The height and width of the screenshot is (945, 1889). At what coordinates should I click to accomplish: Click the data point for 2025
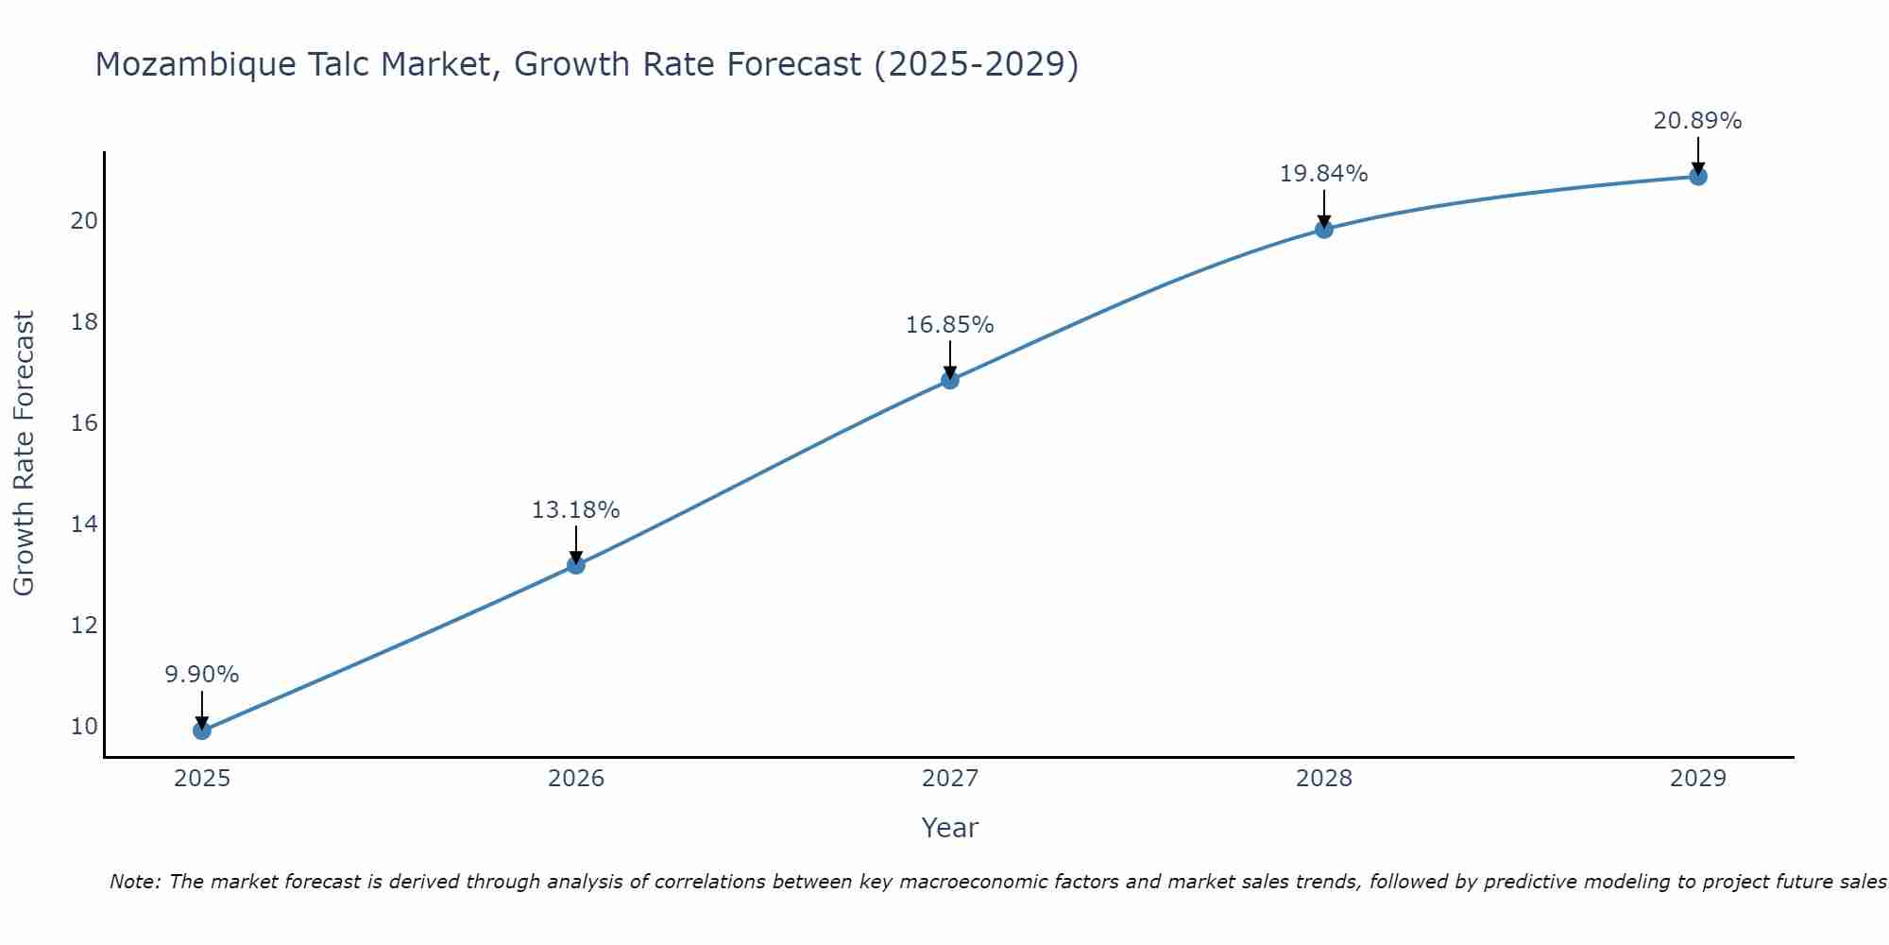[x=201, y=730]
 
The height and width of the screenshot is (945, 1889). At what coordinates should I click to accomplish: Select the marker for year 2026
[x=575, y=565]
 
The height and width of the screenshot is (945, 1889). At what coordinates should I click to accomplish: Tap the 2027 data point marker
[x=949, y=380]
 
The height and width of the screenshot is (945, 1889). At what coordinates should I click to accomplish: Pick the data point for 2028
[x=1323, y=229]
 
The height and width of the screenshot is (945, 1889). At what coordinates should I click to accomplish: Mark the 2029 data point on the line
[x=1697, y=177]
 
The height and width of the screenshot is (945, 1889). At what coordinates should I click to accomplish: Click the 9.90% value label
[x=201, y=675]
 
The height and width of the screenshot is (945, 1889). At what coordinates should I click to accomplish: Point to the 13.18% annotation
[x=575, y=510]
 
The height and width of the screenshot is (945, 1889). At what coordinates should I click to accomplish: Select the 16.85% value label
[x=949, y=325]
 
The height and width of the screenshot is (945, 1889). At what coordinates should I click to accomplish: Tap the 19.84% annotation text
[x=1323, y=174]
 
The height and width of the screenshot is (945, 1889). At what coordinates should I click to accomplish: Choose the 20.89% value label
[x=1697, y=121]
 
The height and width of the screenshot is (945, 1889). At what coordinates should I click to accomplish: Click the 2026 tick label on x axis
[x=576, y=779]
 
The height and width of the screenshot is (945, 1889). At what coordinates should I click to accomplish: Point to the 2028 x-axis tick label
[x=1323, y=779]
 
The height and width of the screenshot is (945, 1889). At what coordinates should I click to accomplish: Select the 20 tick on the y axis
[x=84, y=221]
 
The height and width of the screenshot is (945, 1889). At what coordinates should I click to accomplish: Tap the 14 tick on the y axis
[x=84, y=524]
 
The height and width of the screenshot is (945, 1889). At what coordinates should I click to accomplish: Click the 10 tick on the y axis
[x=84, y=727]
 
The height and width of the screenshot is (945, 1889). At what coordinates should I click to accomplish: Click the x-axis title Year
[x=949, y=828]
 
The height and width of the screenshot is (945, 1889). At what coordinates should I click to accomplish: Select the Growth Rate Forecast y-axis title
[x=25, y=454]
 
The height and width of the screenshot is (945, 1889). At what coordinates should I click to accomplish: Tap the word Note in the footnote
[x=135, y=882]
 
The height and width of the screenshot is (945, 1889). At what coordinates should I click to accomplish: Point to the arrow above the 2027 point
[x=949, y=358]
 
